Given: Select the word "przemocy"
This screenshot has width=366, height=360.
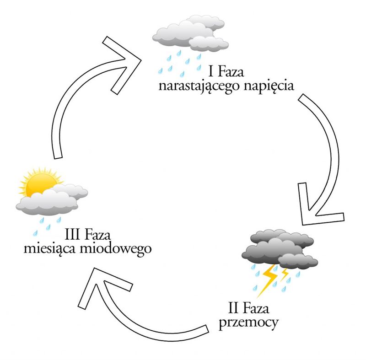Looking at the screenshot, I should tap(249, 322).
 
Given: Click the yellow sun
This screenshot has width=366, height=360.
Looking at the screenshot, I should tap(37, 183).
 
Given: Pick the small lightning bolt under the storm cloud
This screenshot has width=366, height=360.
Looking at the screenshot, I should tap(285, 274).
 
